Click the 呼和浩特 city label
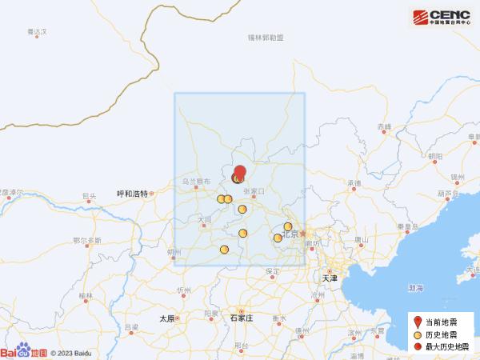pyautogui.click(x=132, y=194)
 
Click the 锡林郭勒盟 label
pyautogui.click(x=266, y=38)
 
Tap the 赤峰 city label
pyautogui.click(x=384, y=128)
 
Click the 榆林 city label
pyautogui.click(x=86, y=296)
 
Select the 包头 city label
pyautogui.click(x=89, y=195)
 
